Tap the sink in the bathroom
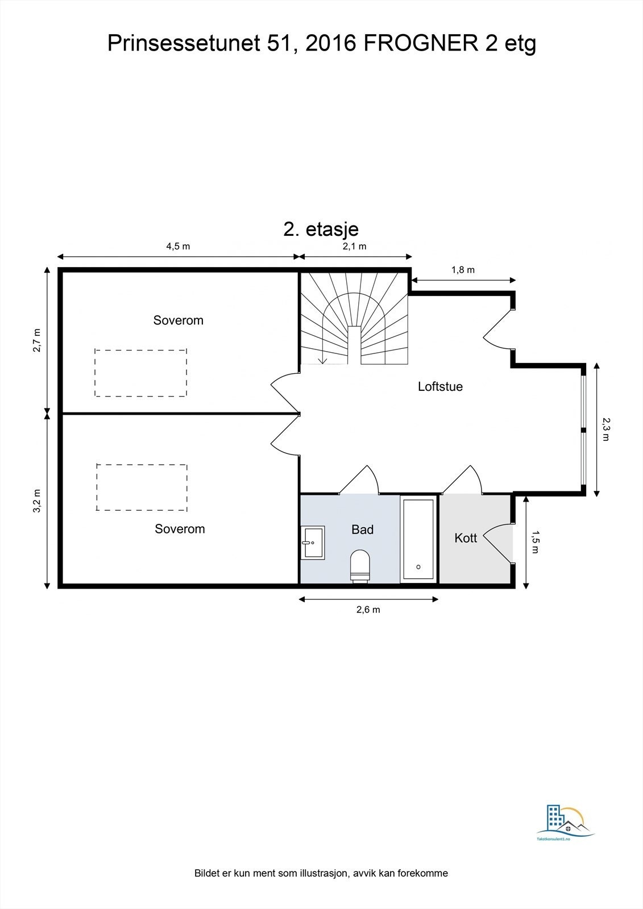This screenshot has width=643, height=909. pyautogui.click(x=313, y=543)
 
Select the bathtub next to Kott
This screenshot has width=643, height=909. pyautogui.click(x=419, y=539)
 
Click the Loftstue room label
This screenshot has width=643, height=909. pyautogui.click(x=440, y=387)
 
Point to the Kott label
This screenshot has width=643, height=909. pyautogui.click(x=466, y=538)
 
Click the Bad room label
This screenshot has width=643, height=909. pyautogui.click(x=362, y=530)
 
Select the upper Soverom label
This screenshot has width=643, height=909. pyautogui.click(x=178, y=320)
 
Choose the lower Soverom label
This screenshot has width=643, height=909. pyautogui.click(x=180, y=529)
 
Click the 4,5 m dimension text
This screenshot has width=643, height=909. pyautogui.click(x=178, y=246)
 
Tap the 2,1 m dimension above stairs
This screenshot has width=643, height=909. pyautogui.click(x=354, y=246)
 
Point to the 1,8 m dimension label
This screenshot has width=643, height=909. pyautogui.click(x=463, y=270)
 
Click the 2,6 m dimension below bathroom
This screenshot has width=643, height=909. pyautogui.click(x=368, y=610)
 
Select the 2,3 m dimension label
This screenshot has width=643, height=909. pyautogui.click(x=606, y=430)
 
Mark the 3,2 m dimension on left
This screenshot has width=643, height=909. pyautogui.click(x=36, y=501)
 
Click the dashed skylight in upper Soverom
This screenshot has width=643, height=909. pyautogui.click(x=140, y=373)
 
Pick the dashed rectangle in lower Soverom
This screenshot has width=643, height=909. pyautogui.click(x=142, y=487)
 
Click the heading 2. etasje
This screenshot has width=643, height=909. pyautogui.click(x=321, y=229)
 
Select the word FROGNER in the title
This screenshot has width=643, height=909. pyautogui.click(x=421, y=43)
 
